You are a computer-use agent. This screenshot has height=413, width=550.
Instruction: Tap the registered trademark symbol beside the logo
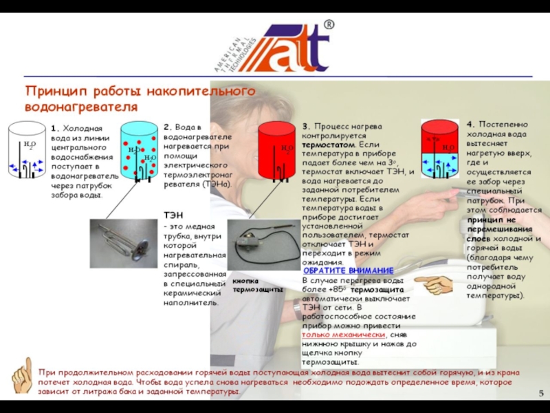tap(329, 25)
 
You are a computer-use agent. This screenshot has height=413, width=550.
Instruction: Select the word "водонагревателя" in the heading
tap(81, 107)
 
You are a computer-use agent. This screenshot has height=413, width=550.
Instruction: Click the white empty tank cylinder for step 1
tap(26, 149)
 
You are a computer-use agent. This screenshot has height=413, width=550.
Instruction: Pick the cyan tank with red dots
tap(140, 151)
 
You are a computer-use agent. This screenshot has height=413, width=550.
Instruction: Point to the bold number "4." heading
tap(470, 123)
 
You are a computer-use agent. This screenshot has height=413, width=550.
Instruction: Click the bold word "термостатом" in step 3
tap(329, 146)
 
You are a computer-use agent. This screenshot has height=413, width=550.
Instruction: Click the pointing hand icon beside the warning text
tap(434, 284)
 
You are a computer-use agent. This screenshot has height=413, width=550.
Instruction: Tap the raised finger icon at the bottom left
tap(23, 375)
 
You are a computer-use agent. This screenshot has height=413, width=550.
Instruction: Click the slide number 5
tap(541, 393)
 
